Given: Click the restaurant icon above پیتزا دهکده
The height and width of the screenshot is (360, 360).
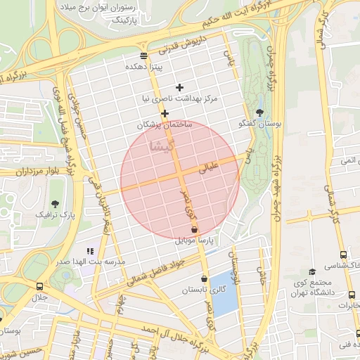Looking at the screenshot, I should pyautogui.click(x=144, y=56).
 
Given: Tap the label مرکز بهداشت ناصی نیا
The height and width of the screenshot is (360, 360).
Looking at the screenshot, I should pyautogui.click(x=180, y=99).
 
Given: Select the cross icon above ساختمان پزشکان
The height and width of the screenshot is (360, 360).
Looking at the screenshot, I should pyautogui.click(x=165, y=113).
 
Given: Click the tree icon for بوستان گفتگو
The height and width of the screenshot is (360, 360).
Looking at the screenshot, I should pyautogui.click(x=259, y=112).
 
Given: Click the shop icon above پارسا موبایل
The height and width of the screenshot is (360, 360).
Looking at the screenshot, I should pyautogui.click(x=195, y=230).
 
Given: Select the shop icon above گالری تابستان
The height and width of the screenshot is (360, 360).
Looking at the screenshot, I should pyautogui.click(x=204, y=278).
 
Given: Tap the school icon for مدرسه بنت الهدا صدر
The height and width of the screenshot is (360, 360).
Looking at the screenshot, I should pyautogui.click(x=90, y=250).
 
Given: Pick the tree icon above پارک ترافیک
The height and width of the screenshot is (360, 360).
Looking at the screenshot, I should pyautogui.click(x=56, y=202).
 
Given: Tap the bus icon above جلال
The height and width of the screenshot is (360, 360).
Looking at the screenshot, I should pyautogui.click(x=39, y=286).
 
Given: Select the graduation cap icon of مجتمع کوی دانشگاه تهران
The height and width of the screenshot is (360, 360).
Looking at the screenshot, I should pyautogui.click(x=312, y=271).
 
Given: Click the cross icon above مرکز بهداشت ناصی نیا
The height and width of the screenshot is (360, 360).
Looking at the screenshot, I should pyautogui.click(x=180, y=87).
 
